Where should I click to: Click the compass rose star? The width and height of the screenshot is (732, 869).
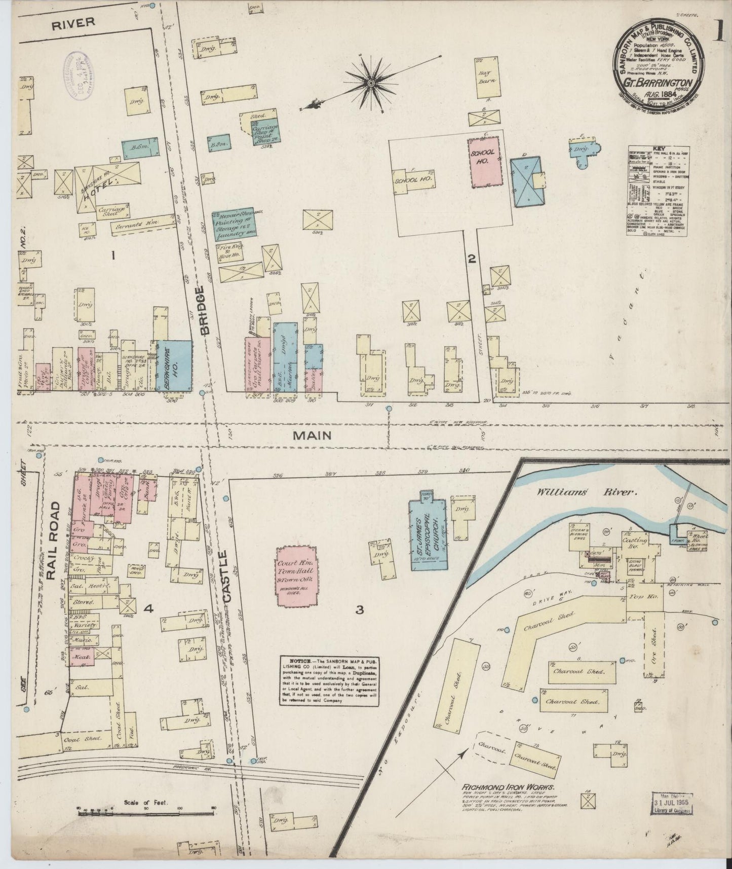[x=370, y=82]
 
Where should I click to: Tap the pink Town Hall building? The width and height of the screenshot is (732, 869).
[x=296, y=576]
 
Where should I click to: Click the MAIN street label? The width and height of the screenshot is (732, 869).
[x=318, y=435]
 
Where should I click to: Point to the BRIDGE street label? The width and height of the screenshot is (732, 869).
[x=203, y=310]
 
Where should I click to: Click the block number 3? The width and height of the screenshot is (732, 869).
[x=359, y=610]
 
